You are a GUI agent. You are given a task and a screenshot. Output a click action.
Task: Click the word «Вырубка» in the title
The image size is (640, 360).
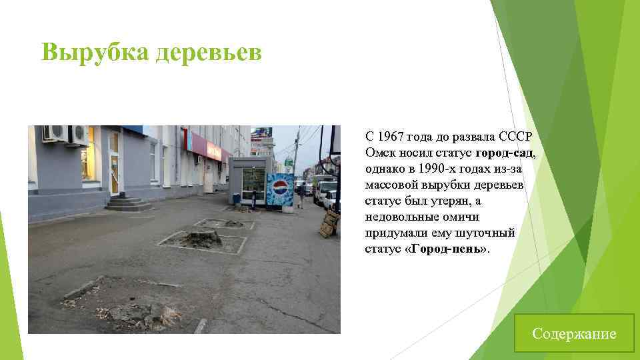[94, 51]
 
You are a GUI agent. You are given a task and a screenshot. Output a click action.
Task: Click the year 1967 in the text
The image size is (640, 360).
[391, 137]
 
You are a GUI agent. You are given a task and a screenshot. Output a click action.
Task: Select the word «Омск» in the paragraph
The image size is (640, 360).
[379, 153]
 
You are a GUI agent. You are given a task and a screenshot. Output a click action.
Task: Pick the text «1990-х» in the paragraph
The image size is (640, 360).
[445, 169]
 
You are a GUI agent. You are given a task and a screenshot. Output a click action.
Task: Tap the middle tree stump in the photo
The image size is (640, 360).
[201, 239]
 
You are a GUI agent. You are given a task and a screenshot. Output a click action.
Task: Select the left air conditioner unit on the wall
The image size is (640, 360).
[53, 133]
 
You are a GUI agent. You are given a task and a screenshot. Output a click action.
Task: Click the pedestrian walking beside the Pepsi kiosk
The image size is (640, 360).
[301, 195]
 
